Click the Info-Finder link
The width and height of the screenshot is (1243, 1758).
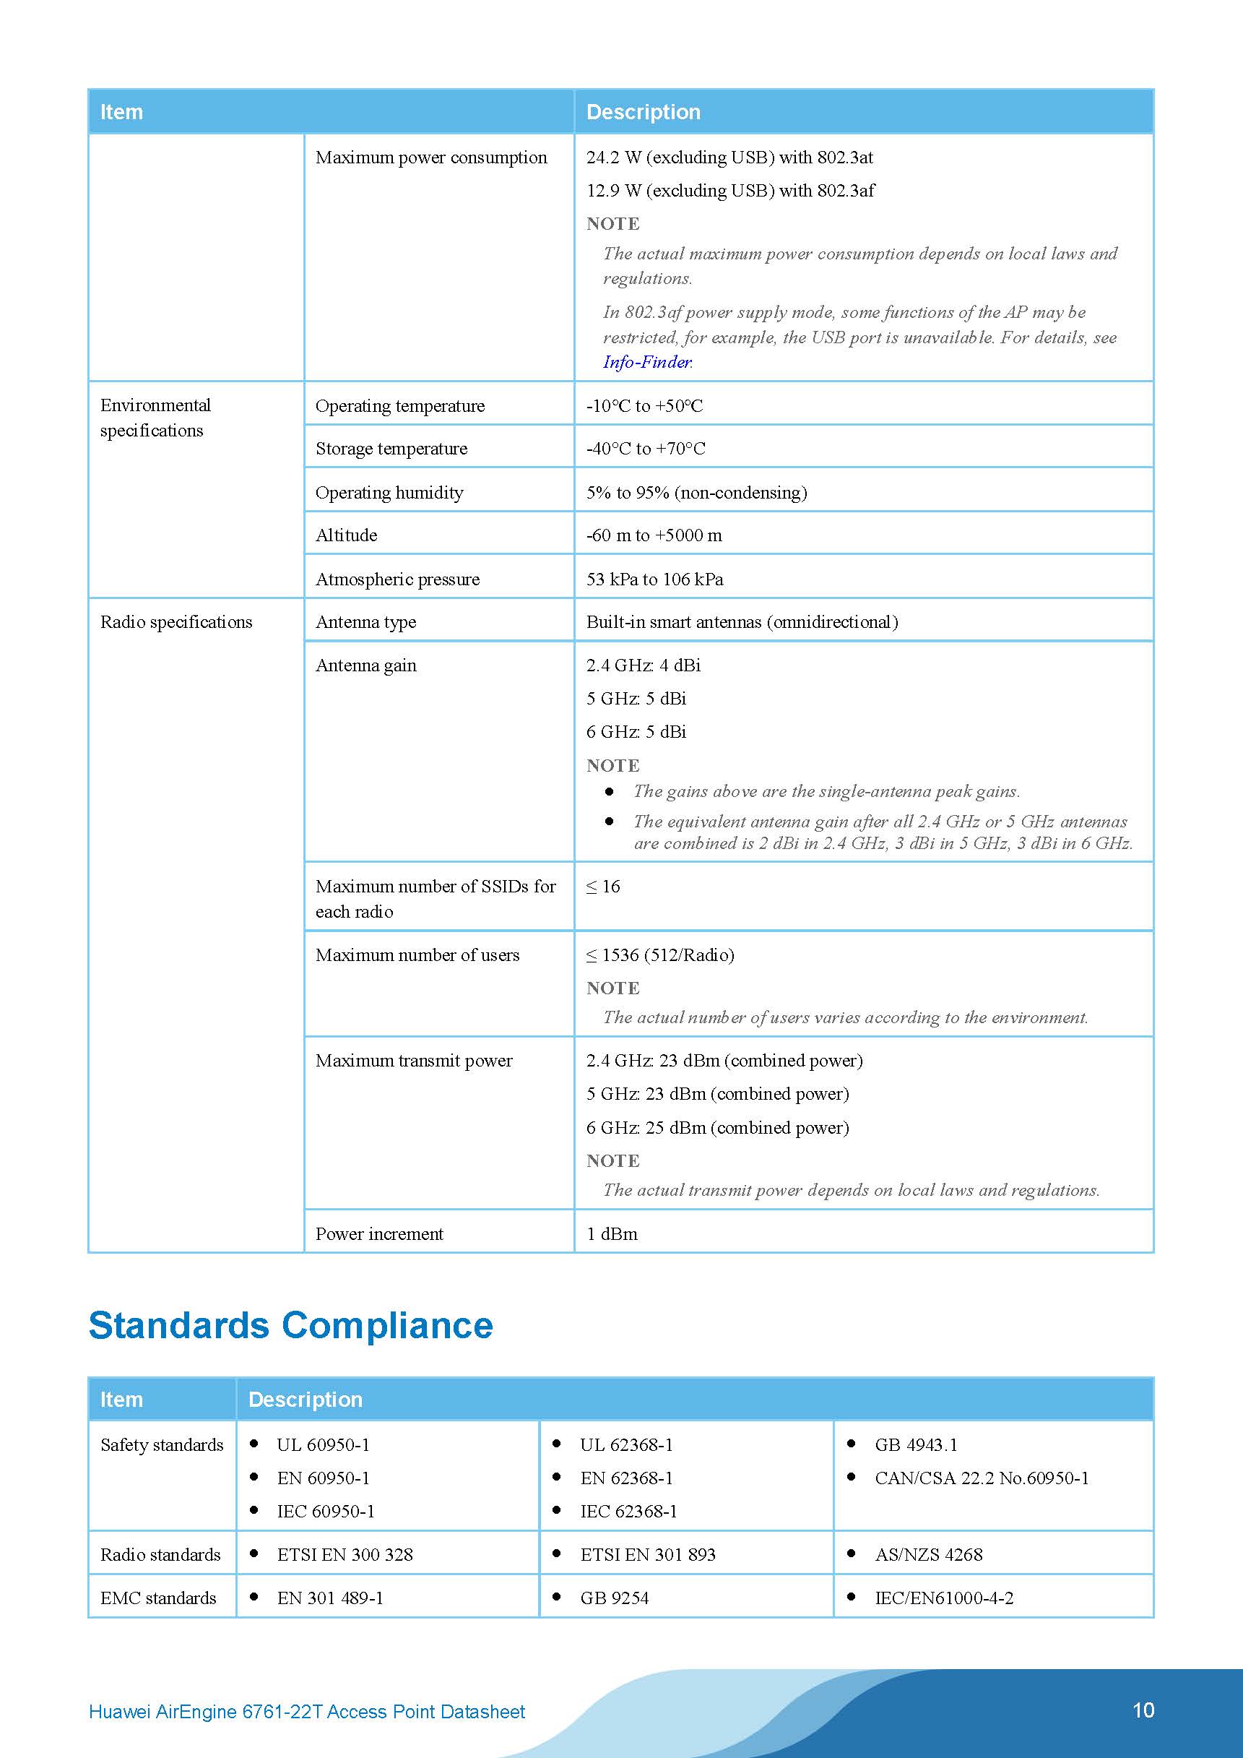click(x=646, y=362)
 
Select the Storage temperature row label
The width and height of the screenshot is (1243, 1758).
click(x=391, y=449)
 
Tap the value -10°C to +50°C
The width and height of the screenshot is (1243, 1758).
click(x=644, y=406)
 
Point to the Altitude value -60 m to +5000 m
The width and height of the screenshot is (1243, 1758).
click(x=654, y=535)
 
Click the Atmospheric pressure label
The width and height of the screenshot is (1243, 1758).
click(x=397, y=579)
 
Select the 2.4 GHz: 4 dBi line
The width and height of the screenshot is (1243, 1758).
click(x=643, y=665)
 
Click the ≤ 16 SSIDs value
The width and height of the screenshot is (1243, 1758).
click(x=603, y=887)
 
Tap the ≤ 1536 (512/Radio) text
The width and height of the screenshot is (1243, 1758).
click(x=659, y=955)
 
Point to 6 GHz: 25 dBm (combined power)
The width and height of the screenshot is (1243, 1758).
click(x=717, y=1128)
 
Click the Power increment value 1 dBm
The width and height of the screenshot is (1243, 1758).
click(x=612, y=1234)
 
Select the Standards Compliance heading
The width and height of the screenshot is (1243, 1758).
click(x=291, y=1325)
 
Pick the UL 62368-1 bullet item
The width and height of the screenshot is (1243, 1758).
click(x=626, y=1445)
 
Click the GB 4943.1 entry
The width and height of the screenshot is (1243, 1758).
click(x=915, y=1445)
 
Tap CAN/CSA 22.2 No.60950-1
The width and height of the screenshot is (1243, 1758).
click(x=982, y=1478)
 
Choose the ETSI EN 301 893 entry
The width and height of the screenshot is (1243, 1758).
click(x=648, y=1555)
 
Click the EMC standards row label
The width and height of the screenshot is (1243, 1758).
click(x=158, y=1599)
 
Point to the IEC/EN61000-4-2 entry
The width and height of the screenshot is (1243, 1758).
click(x=944, y=1599)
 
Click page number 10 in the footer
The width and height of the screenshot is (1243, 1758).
click(x=1143, y=1710)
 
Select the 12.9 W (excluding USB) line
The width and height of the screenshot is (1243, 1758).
click(x=730, y=191)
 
